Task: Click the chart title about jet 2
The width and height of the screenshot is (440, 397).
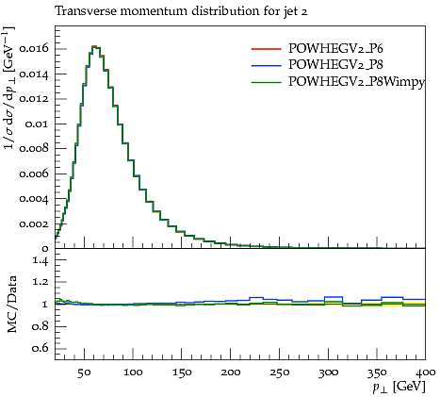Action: [x=181, y=11]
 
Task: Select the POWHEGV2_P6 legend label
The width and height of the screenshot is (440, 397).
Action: [x=335, y=48]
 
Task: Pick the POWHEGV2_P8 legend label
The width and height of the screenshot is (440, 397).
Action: [x=335, y=65]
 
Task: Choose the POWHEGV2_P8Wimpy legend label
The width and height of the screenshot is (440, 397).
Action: [x=356, y=82]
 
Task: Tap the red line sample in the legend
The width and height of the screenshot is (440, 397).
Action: [x=266, y=49]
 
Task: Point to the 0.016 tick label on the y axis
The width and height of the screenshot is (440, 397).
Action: [x=34, y=49]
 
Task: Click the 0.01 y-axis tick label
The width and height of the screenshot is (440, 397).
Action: [x=37, y=124]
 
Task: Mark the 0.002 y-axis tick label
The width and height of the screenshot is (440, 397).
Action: [x=34, y=224]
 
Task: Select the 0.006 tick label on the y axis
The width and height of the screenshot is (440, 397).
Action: [x=34, y=174]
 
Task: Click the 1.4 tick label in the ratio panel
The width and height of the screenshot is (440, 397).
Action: [x=41, y=260]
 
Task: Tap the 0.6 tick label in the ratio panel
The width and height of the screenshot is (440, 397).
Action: [x=41, y=348]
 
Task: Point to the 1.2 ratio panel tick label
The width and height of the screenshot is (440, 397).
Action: [x=41, y=282]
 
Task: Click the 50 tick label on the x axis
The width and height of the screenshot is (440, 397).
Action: [x=84, y=372]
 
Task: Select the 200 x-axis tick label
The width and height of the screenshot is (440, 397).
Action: [x=231, y=372]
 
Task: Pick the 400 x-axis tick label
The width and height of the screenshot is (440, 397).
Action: [x=425, y=372]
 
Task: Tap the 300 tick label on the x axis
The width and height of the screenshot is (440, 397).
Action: [x=328, y=372]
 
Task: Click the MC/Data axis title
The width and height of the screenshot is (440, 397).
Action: [x=11, y=305]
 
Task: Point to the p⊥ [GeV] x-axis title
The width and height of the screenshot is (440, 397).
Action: [x=399, y=387]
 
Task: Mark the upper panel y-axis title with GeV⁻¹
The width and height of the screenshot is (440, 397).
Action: [x=8, y=87]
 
